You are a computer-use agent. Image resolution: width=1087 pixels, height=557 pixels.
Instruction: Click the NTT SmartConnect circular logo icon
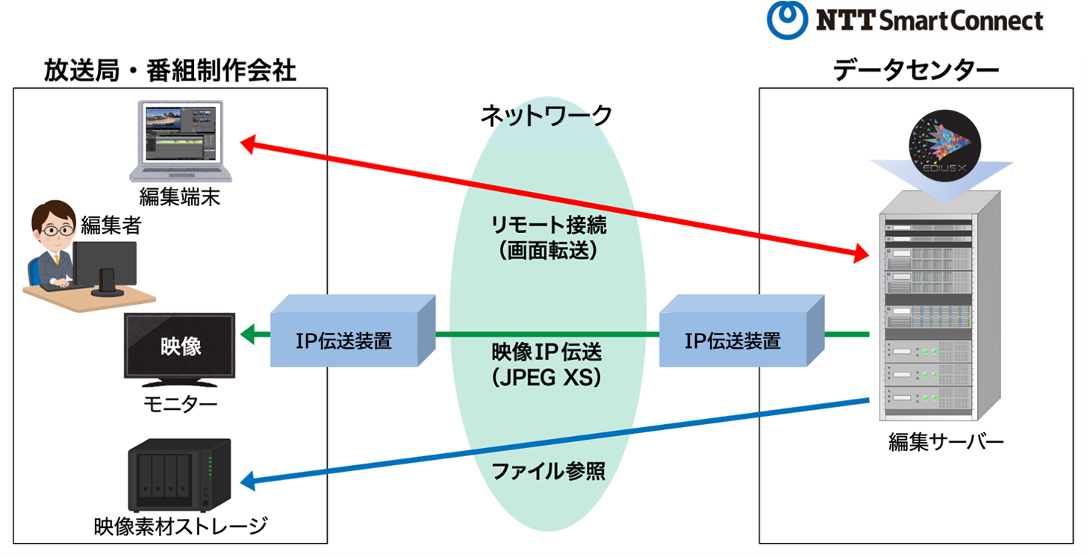tap(787, 20)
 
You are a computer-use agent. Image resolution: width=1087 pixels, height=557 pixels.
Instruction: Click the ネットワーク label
tap(546, 116)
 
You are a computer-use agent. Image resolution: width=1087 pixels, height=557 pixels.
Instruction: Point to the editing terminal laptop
tap(179, 142)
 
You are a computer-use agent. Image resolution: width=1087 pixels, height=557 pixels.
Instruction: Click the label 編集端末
tap(180, 197)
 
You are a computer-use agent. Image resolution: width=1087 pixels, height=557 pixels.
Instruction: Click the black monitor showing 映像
tap(180, 348)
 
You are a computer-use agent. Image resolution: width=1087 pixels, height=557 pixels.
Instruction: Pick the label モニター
tap(180, 405)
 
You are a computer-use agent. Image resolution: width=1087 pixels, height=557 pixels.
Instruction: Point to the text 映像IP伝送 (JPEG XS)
tap(547, 364)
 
